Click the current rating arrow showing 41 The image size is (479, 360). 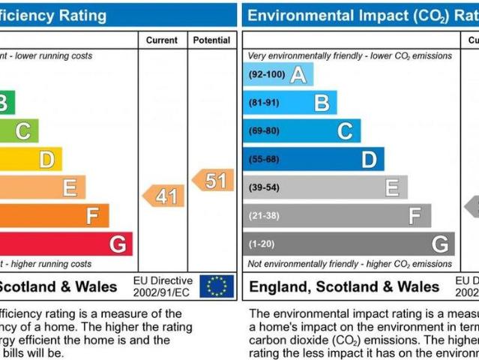(x=164, y=196)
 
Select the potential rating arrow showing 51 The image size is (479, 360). (x=214, y=180)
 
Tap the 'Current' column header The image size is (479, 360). (x=162, y=40)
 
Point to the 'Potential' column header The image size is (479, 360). (x=211, y=40)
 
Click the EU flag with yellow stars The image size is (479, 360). (x=217, y=286)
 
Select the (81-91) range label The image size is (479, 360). (x=265, y=103)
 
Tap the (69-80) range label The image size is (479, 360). (x=265, y=131)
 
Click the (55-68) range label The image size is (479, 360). (x=265, y=159)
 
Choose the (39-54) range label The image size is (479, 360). (x=265, y=187)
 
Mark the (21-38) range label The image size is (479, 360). (x=265, y=216)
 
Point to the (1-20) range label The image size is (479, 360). (x=262, y=244)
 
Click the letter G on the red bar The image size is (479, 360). (x=117, y=244)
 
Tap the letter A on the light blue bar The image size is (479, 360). (x=298, y=75)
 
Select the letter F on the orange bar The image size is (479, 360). (x=92, y=216)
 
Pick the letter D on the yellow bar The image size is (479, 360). (x=46, y=159)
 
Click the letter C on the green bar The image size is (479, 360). (x=23, y=131)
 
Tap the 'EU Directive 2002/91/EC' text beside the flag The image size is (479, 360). (x=161, y=286)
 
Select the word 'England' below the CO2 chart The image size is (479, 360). (x=277, y=286)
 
